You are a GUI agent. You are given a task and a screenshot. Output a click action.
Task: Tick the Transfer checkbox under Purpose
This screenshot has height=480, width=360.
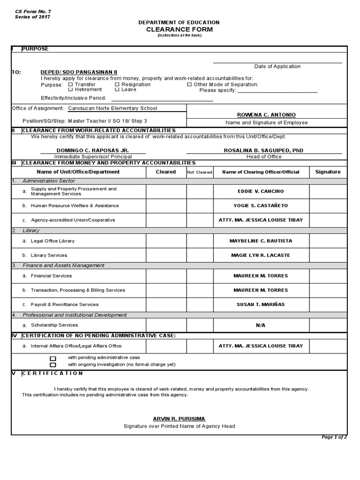tap(71, 85)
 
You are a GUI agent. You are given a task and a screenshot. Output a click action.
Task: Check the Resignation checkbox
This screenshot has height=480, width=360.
tap(117, 85)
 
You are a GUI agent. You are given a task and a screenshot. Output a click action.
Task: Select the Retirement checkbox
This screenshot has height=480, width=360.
tap(71, 90)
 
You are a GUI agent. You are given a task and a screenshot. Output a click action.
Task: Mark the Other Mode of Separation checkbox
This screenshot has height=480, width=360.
tap(189, 85)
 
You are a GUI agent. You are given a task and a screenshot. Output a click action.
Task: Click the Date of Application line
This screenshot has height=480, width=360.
tap(277, 62)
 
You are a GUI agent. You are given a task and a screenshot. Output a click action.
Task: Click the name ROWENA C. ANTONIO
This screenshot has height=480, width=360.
tap(267, 115)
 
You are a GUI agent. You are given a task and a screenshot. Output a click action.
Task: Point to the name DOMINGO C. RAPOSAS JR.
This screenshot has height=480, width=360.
tap(93, 150)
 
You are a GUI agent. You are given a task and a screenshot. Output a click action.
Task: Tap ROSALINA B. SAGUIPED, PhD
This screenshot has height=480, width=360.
tap(267, 150)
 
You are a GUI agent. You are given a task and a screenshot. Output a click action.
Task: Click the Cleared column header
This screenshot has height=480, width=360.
tap(166, 172)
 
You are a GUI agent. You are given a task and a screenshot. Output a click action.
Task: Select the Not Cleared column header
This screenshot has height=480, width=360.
tap(200, 172)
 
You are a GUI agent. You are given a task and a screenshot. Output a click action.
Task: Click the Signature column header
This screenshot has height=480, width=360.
tap(328, 172)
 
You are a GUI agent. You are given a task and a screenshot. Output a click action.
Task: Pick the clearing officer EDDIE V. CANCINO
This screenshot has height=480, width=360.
tap(261, 192)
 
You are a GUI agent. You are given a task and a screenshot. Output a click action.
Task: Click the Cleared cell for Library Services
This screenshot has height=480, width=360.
tap(166, 255)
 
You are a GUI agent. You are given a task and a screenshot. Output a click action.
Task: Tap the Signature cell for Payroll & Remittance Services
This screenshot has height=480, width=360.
tap(328, 305)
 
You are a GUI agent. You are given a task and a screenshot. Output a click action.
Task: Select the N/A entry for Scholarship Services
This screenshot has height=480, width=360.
tap(261, 325)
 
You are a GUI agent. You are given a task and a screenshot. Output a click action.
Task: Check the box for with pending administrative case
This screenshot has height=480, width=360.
tap(53, 358)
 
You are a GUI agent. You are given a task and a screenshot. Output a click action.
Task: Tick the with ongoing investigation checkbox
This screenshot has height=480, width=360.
tap(53, 364)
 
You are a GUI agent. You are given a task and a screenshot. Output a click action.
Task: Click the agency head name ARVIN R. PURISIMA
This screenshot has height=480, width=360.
tap(179, 419)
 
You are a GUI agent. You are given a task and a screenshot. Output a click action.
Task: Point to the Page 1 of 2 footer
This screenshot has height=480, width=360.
tap(334, 437)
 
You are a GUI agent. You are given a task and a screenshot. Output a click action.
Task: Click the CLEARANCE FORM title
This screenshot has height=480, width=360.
tap(179, 30)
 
